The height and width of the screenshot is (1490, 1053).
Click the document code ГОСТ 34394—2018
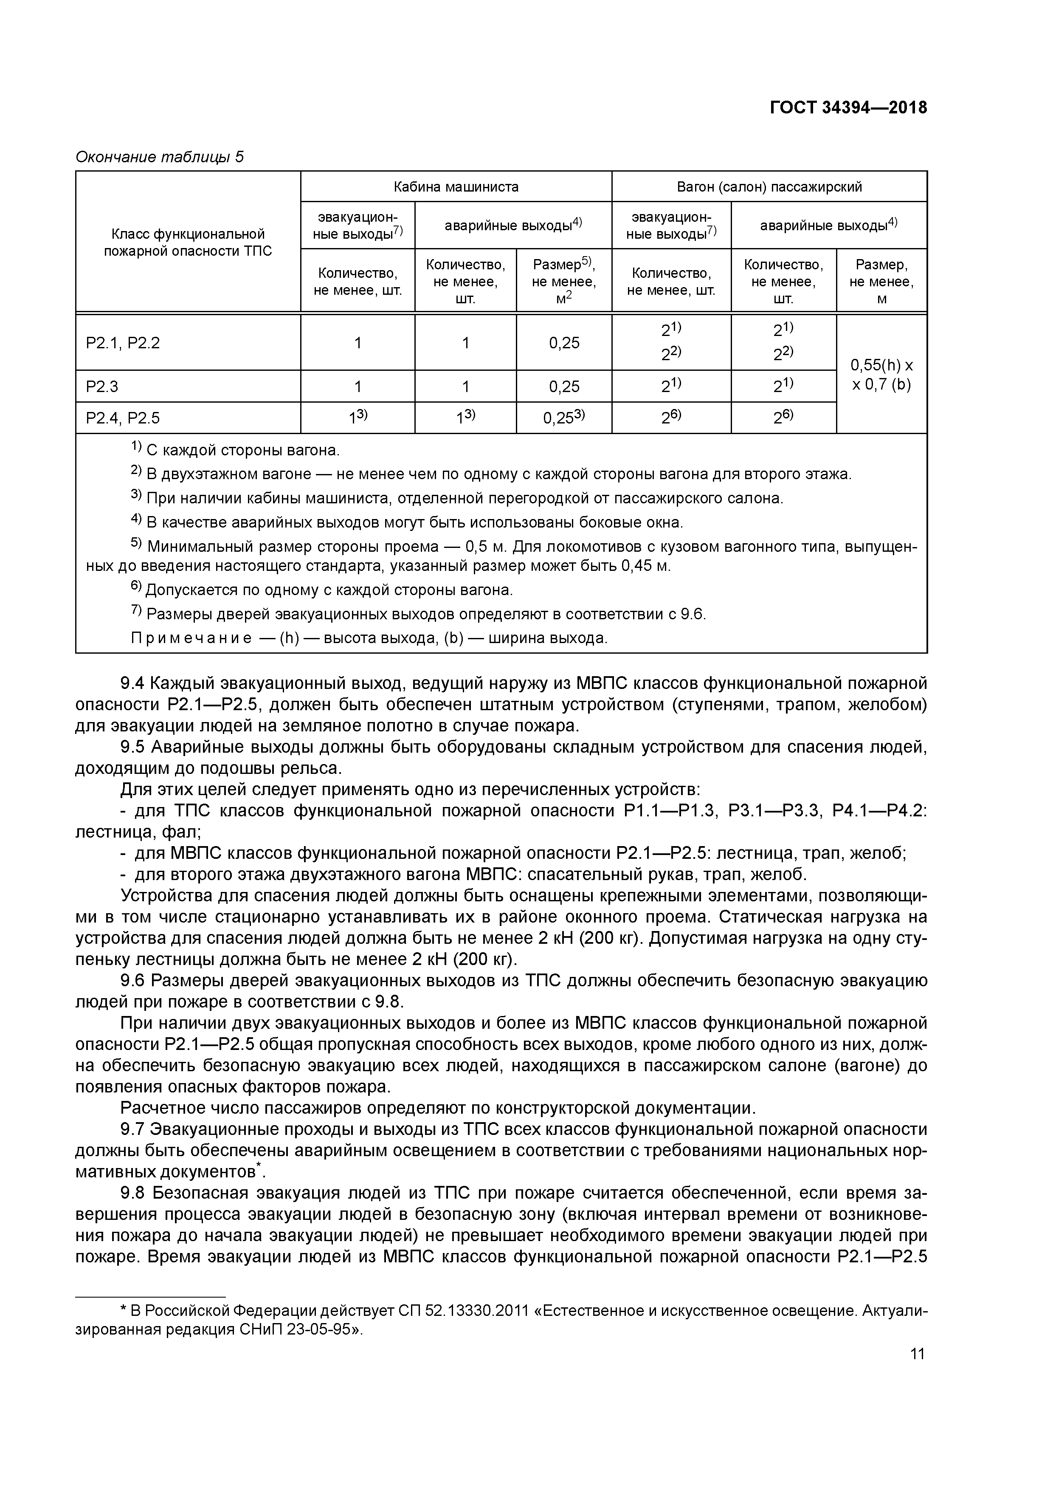tap(848, 108)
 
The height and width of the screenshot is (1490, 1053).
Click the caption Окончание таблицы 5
tap(160, 157)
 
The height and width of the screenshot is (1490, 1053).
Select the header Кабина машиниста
tap(456, 187)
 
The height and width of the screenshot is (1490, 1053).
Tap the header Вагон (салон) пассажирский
tap(769, 187)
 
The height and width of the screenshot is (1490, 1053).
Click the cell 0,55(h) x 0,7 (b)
tap(881, 375)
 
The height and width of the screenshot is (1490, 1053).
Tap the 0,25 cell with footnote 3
tap(563, 418)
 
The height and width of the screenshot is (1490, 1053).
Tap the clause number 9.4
tap(132, 683)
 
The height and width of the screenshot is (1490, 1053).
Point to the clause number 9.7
tap(132, 1129)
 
